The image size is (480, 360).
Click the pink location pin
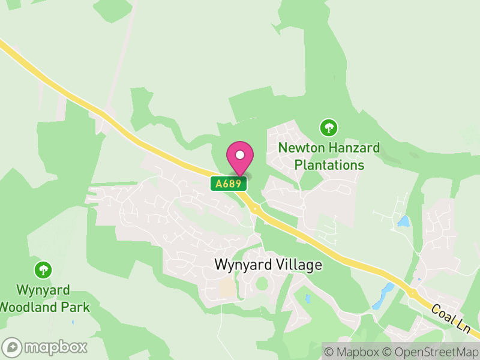click(240, 159)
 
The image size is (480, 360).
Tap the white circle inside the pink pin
click(240, 155)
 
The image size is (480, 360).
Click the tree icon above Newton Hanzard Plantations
click(328, 127)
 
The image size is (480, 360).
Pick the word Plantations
click(329, 164)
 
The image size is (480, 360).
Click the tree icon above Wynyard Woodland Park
click(43, 269)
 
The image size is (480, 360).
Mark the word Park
click(77, 307)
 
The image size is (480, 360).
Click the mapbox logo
click(46, 347)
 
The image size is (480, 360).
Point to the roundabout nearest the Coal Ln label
click(413, 293)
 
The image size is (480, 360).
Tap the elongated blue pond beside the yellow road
click(382, 296)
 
